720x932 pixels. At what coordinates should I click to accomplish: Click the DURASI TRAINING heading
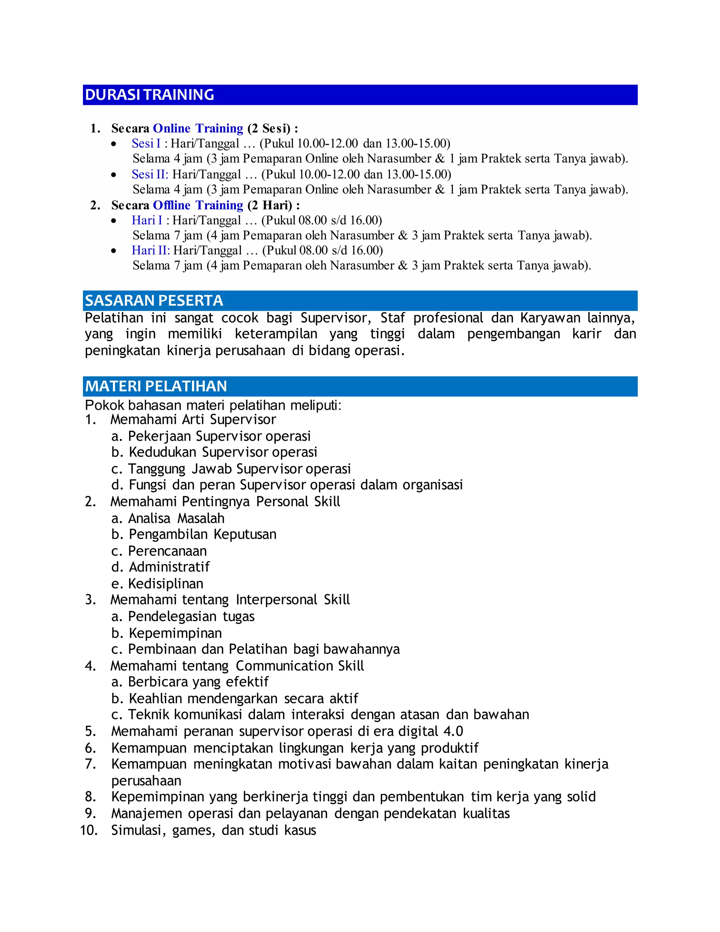tap(149, 95)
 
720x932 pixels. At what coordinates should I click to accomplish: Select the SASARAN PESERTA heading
tap(154, 301)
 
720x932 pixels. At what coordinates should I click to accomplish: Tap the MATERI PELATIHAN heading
tap(156, 386)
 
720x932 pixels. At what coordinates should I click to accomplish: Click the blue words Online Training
tap(198, 128)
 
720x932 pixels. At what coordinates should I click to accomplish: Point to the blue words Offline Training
tap(198, 205)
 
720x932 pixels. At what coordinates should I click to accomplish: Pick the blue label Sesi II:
tap(150, 174)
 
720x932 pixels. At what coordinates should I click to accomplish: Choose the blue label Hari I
tap(147, 220)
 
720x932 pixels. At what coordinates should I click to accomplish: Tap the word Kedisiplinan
tap(166, 583)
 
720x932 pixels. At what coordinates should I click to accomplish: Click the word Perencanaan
tap(167, 551)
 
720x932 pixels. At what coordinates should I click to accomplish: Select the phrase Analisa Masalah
tap(176, 518)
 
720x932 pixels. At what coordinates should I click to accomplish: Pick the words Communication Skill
tap(300, 666)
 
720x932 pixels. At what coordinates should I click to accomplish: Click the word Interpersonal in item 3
tap(276, 600)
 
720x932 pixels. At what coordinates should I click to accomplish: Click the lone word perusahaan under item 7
tap(146, 780)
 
